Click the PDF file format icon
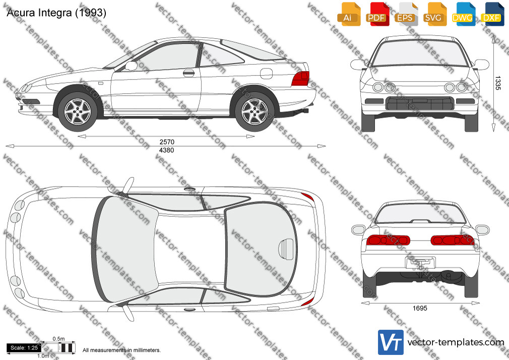pos(377,14)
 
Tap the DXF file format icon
pos(492,14)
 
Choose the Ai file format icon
pos(349,14)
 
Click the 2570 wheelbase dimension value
pos(167,142)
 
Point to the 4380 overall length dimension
pos(167,150)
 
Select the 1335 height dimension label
pos(497,83)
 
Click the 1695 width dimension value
pos(420,308)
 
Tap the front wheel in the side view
pos(78,111)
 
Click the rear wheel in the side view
pos(255,111)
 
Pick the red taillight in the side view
pos(300,78)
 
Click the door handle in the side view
pos(188,73)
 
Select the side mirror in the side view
pos(131,66)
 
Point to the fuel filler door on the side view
pos(266,74)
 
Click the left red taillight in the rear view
pos(388,240)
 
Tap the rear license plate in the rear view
pos(420,263)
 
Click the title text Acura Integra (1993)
pos(56,13)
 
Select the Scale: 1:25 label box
pos(24,348)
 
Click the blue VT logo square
pos(391,342)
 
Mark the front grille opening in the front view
pos(419,103)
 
